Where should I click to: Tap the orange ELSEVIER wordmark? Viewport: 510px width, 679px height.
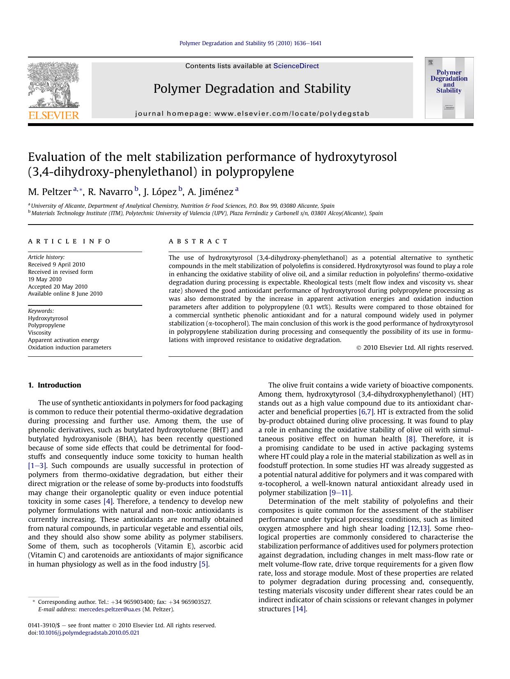[x=53, y=115]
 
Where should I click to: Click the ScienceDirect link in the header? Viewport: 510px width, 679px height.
[x=296, y=66]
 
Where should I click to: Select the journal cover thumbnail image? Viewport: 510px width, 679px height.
[x=449, y=88]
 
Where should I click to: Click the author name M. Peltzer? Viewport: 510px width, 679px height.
[x=50, y=192]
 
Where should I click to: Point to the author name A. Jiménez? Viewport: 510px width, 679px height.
[x=210, y=192]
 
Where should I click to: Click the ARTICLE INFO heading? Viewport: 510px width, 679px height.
[x=69, y=241]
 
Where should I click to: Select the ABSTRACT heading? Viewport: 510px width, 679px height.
[x=198, y=241]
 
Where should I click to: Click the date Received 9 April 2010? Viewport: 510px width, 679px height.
[x=56, y=264]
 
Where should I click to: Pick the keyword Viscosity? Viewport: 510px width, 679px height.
[x=39, y=333]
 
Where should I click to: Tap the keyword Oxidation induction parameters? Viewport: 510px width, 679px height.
[x=69, y=347]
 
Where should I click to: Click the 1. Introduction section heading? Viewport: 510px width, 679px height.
[x=55, y=385]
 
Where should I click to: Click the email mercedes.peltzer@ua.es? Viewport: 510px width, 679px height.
[x=109, y=610]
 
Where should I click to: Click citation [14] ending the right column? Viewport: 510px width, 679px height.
[x=299, y=609]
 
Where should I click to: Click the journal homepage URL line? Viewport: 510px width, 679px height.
[x=252, y=114]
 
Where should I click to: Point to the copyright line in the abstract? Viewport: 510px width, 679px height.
[x=415, y=348]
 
